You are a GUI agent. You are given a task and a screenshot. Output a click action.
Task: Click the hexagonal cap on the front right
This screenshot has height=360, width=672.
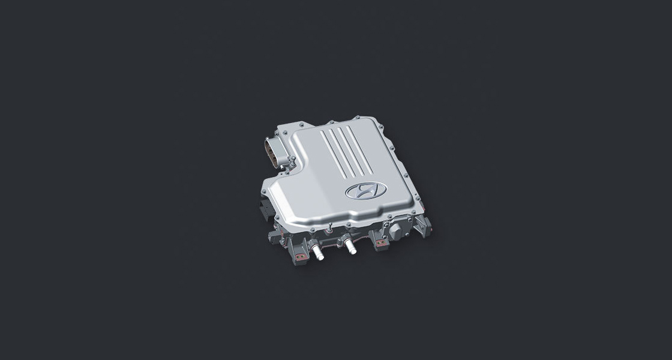(x=396, y=233)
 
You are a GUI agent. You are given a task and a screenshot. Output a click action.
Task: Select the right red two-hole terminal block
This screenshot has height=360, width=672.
(x=380, y=242)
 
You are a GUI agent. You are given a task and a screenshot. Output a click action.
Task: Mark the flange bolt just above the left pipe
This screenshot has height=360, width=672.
(x=313, y=229)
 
